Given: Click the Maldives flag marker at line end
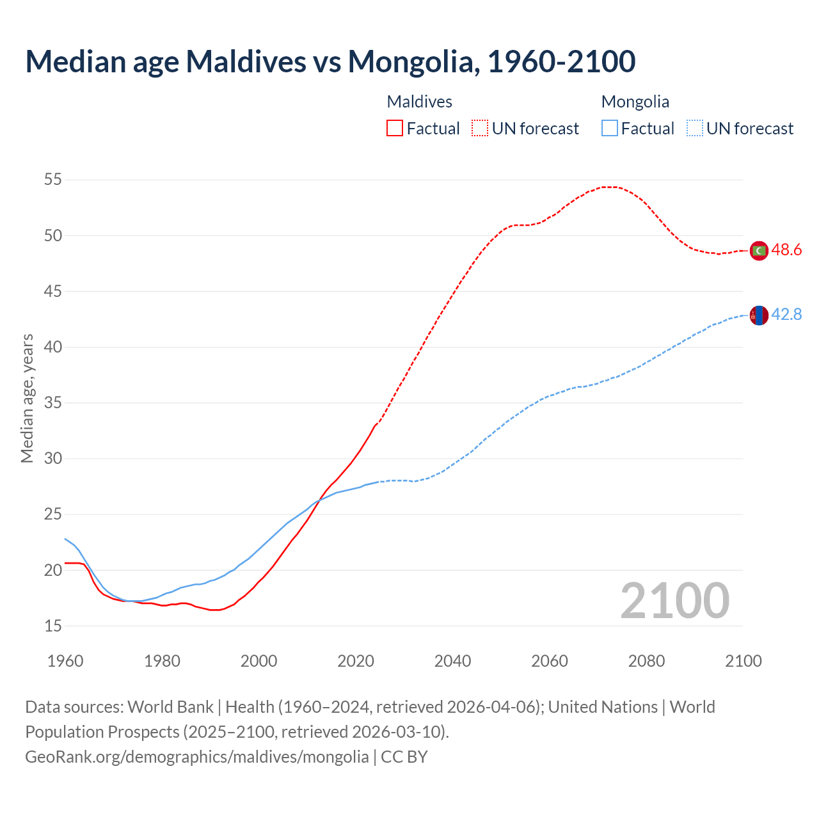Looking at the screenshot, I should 759,251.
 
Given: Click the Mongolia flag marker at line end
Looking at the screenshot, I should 759,315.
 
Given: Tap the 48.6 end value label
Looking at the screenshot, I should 786,250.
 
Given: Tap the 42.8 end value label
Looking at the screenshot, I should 786,315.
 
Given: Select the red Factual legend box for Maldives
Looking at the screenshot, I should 395,129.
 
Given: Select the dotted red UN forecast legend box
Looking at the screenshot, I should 480,129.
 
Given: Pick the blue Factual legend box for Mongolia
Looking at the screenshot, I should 610,129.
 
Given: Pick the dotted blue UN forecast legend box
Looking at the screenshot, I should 694,129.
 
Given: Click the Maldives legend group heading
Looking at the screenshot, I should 420,102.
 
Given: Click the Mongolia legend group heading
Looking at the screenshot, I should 635,102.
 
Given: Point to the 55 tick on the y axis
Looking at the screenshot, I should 53,180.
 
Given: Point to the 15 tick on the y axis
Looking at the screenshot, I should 53,626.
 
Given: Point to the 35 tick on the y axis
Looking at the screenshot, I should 53,403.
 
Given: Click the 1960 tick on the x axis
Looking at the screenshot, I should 65,661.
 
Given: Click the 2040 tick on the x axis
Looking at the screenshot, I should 452,661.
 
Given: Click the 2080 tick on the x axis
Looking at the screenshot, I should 646,661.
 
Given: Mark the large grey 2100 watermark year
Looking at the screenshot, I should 674,601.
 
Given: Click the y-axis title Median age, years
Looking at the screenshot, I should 27,398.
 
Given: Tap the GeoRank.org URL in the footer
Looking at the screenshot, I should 196,757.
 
